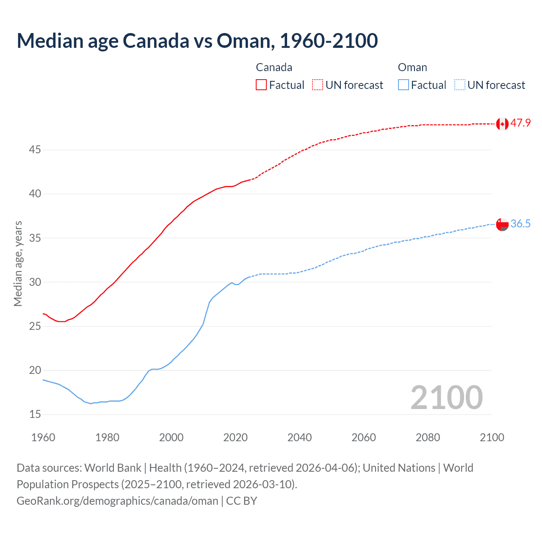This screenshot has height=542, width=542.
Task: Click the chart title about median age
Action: click(x=197, y=41)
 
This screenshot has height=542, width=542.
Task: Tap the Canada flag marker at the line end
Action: click(x=502, y=124)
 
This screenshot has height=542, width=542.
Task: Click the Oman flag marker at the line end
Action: click(x=502, y=224)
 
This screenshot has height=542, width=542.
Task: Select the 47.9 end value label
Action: click(x=520, y=123)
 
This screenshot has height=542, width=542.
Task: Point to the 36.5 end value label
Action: click(x=520, y=224)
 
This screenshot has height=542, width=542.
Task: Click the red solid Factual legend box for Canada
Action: click(x=261, y=85)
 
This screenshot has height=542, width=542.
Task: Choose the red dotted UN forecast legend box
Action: click(x=318, y=85)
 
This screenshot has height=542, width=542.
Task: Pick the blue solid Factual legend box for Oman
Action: click(x=404, y=85)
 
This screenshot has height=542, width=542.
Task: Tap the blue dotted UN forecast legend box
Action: click(x=459, y=85)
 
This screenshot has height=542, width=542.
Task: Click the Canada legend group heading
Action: click(x=274, y=67)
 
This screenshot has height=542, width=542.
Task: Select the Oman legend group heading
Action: click(x=412, y=67)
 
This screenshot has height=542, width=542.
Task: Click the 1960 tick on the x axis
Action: click(x=43, y=437)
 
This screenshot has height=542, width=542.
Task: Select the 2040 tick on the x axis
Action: click(x=299, y=437)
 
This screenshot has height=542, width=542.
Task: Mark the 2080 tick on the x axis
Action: click(x=428, y=437)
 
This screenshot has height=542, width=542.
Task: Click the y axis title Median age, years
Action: click(x=18, y=263)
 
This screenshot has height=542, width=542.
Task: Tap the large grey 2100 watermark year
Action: click(x=446, y=397)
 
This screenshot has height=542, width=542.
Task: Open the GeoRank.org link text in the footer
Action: click(x=117, y=501)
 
